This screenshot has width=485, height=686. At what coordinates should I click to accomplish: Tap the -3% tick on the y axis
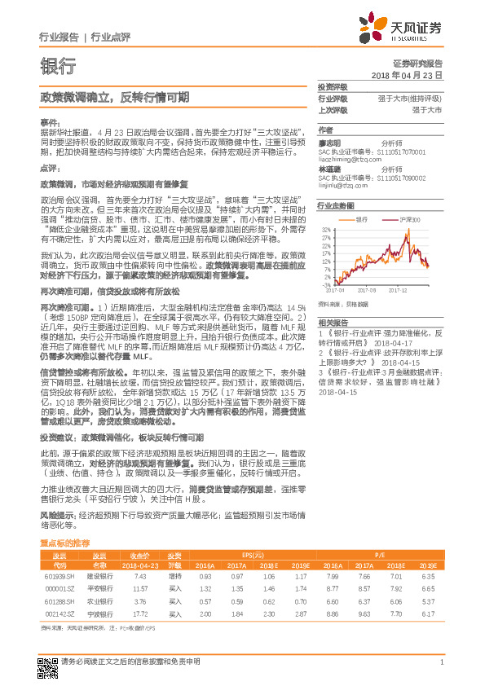pos(325,281)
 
